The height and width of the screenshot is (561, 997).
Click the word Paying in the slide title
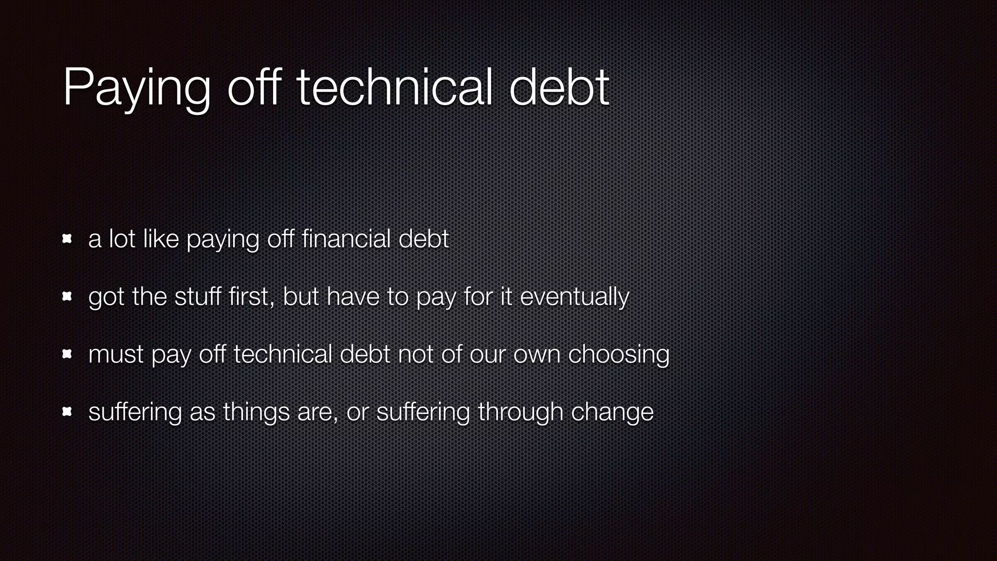[x=137, y=89]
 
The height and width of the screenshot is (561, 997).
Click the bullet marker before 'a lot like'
[x=67, y=239]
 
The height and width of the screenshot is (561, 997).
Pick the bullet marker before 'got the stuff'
[x=67, y=297]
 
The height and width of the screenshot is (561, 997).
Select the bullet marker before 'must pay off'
[x=67, y=355]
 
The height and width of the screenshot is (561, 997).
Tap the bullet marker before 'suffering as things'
[x=67, y=412]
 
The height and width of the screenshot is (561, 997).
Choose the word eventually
[x=574, y=297]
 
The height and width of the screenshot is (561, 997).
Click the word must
[x=116, y=355]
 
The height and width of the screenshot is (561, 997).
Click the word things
[x=257, y=412]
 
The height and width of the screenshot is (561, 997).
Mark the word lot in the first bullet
[x=122, y=239]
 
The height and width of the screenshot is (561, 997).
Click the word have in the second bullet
[x=352, y=297]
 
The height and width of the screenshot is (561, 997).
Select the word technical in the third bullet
[x=282, y=354]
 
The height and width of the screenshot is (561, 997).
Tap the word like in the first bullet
[x=161, y=239]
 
